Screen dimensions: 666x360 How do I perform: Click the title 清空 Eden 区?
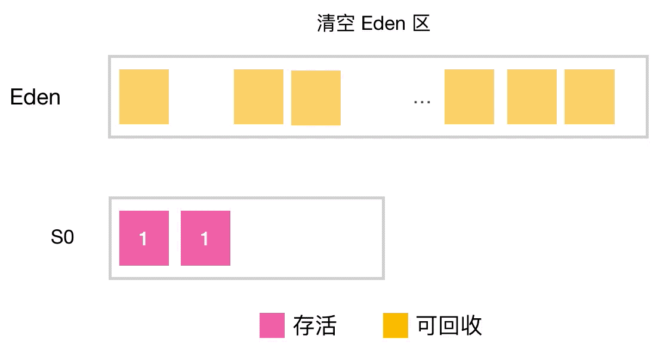tap(373, 24)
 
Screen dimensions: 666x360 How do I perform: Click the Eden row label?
tap(35, 97)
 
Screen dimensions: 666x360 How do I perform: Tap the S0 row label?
tap(62, 238)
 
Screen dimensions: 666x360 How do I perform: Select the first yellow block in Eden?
tap(144, 97)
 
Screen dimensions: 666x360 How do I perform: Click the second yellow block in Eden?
tap(258, 97)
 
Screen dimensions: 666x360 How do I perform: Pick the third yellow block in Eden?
tap(316, 98)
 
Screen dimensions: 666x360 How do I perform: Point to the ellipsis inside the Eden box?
tap(422, 101)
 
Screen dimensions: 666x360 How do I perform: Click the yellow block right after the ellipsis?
tap(469, 97)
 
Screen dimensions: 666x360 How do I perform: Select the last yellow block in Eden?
tap(589, 97)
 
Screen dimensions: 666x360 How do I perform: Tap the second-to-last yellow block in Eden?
tap(532, 97)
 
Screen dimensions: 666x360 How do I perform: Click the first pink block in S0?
tap(144, 238)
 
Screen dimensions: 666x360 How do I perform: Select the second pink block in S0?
tap(205, 238)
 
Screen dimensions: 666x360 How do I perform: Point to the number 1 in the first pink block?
tap(143, 239)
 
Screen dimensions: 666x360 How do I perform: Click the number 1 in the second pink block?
tap(205, 239)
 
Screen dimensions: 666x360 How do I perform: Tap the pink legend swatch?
tap(272, 325)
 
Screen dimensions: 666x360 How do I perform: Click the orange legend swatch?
tap(395, 325)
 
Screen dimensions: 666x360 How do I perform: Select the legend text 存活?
tap(314, 326)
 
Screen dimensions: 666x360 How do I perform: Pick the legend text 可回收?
tap(449, 326)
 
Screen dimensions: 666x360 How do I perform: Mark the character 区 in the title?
tap(421, 24)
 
